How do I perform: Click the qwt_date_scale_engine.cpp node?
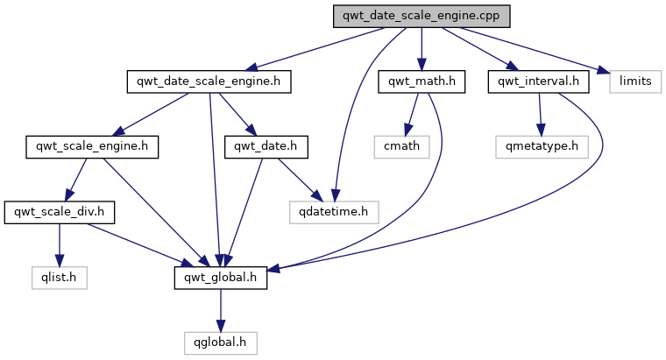pyautogui.click(x=422, y=17)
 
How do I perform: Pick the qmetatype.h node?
pyautogui.click(x=542, y=146)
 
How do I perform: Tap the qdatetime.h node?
pyautogui.click(x=334, y=211)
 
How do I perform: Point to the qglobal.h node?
pyautogui.click(x=220, y=341)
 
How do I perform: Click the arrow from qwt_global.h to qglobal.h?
pyautogui.click(x=220, y=308)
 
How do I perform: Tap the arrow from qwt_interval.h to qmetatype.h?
pyautogui.click(x=540, y=114)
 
